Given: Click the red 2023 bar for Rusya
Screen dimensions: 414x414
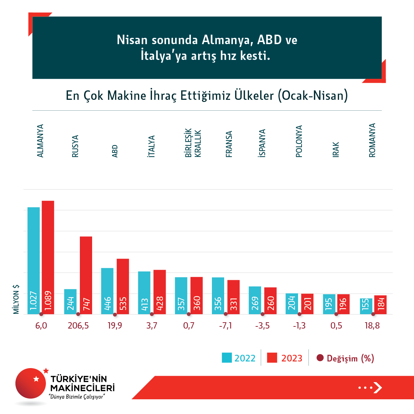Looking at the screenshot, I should (x=86, y=275).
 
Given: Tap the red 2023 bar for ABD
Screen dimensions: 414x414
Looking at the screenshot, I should (x=123, y=286).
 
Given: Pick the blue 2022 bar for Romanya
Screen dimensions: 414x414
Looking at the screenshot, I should (x=366, y=306).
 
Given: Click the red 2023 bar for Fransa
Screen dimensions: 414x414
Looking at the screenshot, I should (x=234, y=297).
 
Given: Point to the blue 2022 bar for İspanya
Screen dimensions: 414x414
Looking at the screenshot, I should (x=255, y=300).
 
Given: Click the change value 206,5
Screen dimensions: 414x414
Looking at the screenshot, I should (x=78, y=326).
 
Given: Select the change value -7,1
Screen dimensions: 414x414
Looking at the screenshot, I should (x=226, y=326).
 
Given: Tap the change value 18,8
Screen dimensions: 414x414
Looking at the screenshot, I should (x=372, y=326).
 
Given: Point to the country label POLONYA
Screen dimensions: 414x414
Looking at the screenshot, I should (x=299, y=142).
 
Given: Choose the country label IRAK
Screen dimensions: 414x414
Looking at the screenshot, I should (x=336, y=150).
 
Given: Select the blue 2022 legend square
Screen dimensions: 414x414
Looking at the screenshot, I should (x=227, y=358).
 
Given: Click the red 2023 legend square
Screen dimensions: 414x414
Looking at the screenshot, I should (x=272, y=358).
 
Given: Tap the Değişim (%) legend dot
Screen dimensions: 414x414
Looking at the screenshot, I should (x=320, y=358).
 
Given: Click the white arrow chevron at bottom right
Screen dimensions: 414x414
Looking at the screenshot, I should (x=378, y=387).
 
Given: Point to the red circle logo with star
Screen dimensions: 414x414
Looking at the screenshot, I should (x=31, y=383).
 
